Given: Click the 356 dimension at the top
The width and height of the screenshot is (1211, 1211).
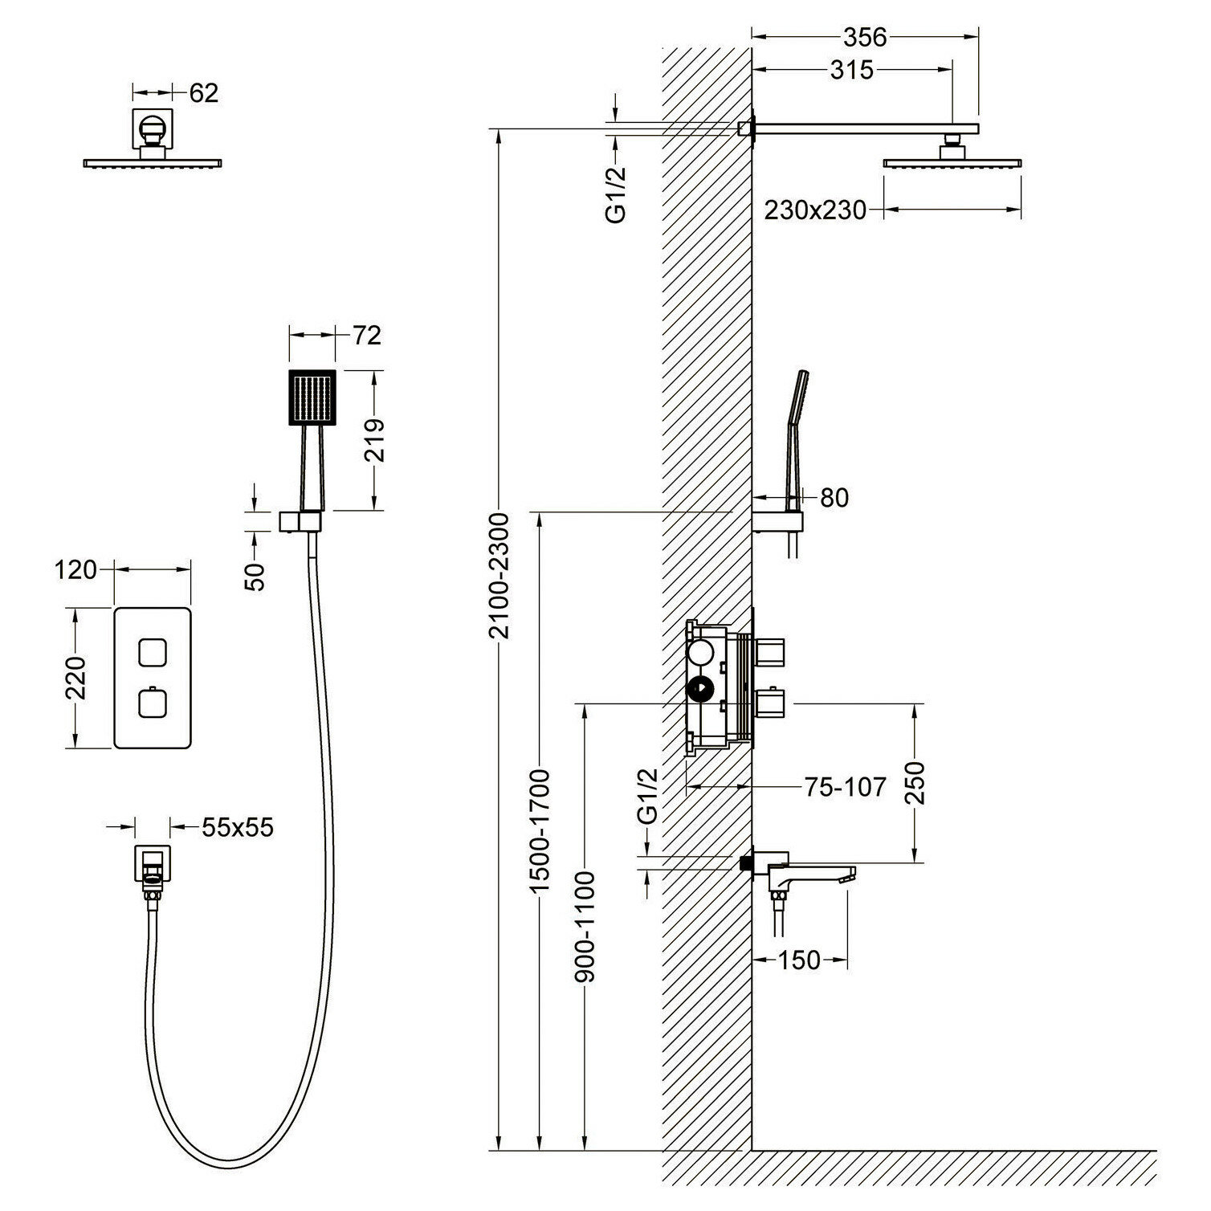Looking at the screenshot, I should pyautogui.click(x=865, y=37).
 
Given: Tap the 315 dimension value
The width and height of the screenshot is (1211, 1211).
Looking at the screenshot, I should pyautogui.click(x=852, y=71).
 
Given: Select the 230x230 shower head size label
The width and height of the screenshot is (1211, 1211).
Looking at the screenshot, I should pyautogui.click(x=815, y=210).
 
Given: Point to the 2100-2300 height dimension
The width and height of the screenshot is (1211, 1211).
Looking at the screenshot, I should pyautogui.click(x=500, y=575).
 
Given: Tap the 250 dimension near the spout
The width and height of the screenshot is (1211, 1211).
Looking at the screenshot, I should pyautogui.click(x=916, y=783).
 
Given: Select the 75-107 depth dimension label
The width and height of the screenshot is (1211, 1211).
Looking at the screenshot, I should pyautogui.click(x=845, y=787).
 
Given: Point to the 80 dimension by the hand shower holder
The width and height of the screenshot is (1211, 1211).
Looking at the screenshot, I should pyautogui.click(x=834, y=498).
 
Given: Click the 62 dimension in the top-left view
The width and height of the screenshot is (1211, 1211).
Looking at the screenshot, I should pyautogui.click(x=203, y=93).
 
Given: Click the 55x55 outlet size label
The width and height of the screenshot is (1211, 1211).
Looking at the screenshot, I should pyautogui.click(x=238, y=827).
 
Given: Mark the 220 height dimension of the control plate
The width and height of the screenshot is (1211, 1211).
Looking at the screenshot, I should pyautogui.click(x=75, y=678).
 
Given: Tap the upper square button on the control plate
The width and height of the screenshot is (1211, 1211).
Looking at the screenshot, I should pyautogui.click(x=152, y=652).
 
